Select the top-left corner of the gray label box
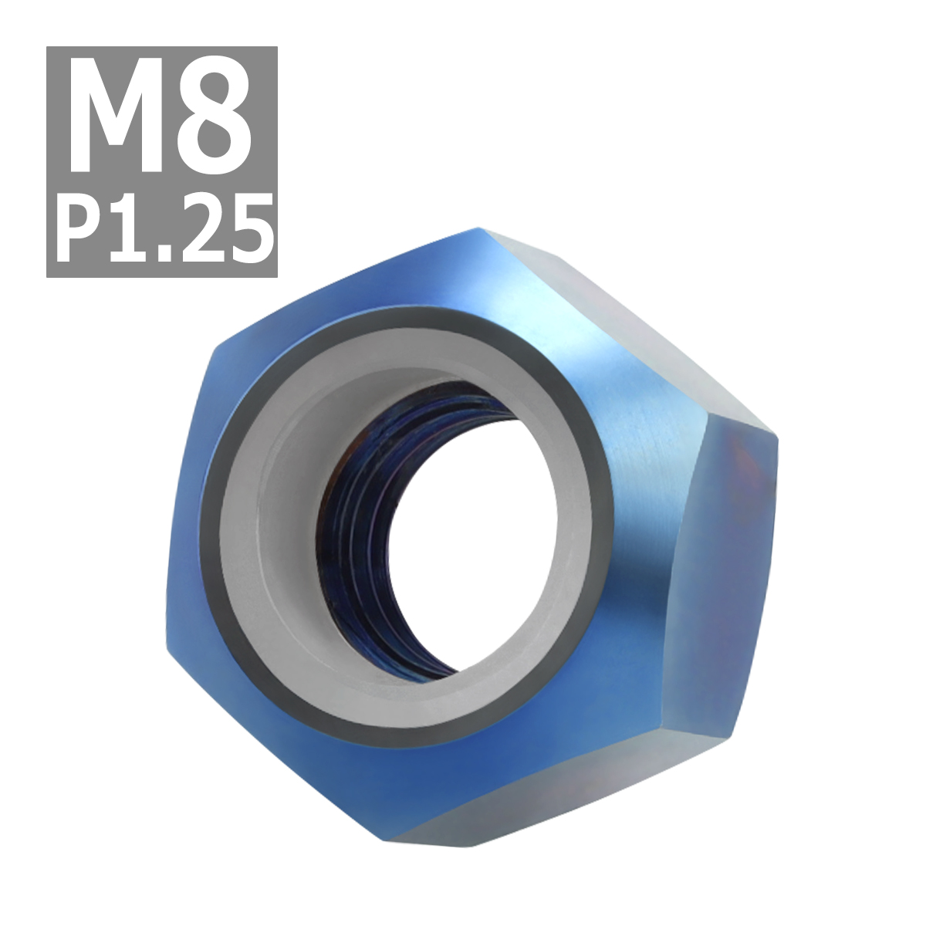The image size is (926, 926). coord(48,48)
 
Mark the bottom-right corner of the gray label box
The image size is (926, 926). coord(275,276)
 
